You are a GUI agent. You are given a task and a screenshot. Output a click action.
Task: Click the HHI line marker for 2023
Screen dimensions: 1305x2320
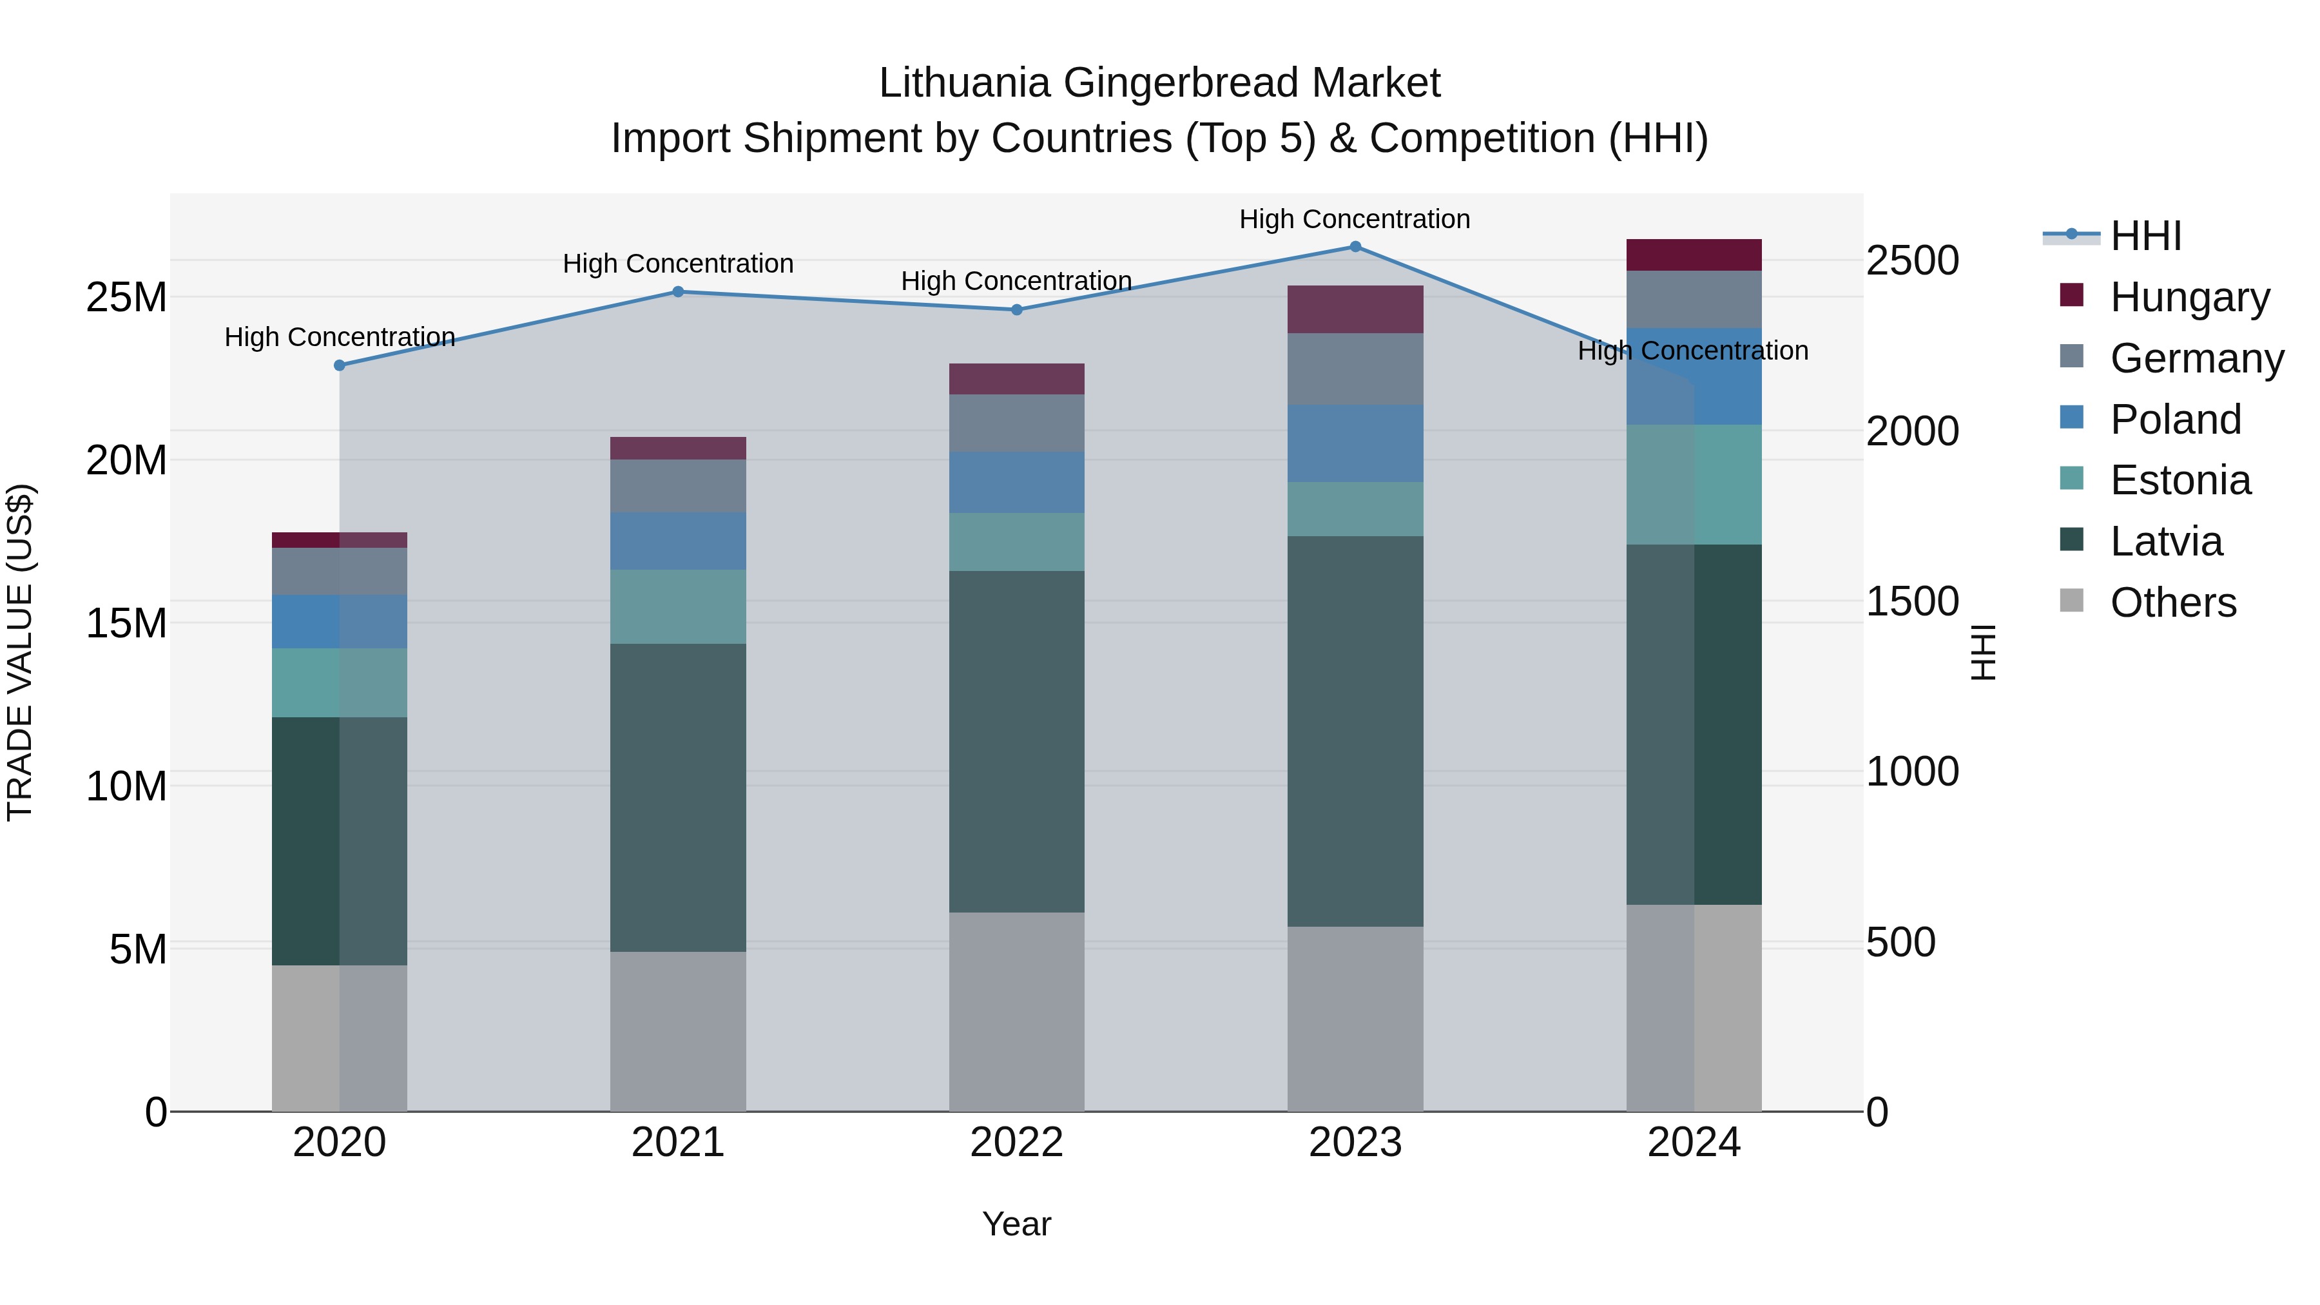click(1355, 247)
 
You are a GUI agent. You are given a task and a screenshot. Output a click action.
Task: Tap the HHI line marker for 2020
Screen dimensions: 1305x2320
click(340, 365)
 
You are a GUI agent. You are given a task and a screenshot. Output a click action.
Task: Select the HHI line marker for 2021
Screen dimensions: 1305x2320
click(678, 292)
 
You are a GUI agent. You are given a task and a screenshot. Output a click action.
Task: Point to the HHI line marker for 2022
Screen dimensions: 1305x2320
click(1017, 310)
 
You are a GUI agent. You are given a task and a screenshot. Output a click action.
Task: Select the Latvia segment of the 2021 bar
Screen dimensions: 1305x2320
click(678, 797)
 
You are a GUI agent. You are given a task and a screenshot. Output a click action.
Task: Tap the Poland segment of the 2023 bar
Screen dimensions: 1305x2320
click(1355, 443)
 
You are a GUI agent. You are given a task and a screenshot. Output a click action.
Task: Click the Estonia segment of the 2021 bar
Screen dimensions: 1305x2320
click(678, 606)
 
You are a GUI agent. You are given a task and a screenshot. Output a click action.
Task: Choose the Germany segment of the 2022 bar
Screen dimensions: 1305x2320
click(1017, 423)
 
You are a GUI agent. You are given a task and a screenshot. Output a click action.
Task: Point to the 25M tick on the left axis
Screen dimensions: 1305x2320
click(126, 297)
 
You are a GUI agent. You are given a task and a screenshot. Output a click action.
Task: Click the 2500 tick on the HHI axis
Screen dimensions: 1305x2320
click(1912, 261)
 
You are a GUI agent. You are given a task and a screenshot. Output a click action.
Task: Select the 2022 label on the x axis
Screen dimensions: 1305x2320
click(1017, 1143)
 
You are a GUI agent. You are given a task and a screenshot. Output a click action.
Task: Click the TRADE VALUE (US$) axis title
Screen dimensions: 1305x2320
click(20, 652)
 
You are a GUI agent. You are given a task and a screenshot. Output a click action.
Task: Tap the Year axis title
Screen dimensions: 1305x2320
click(1017, 1224)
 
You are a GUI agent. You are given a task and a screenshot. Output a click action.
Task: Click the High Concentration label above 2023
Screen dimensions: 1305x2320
click(1355, 219)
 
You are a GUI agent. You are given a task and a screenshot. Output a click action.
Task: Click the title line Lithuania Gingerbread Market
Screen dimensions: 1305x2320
click(1159, 83)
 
